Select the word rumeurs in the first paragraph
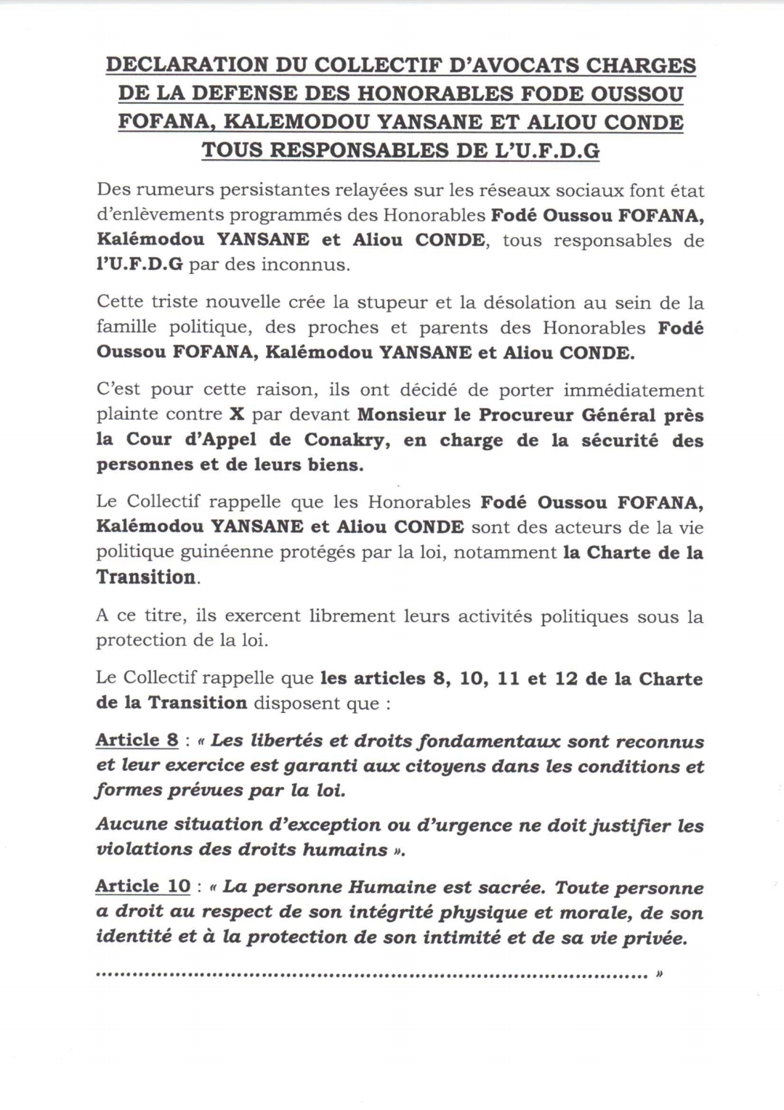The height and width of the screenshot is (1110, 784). tap(168, 191)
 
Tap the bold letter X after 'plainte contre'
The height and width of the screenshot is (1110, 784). tap(237, 415)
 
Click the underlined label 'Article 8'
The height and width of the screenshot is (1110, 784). tap(137, 740)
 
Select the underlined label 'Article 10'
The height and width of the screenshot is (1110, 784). tap(142, 886)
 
